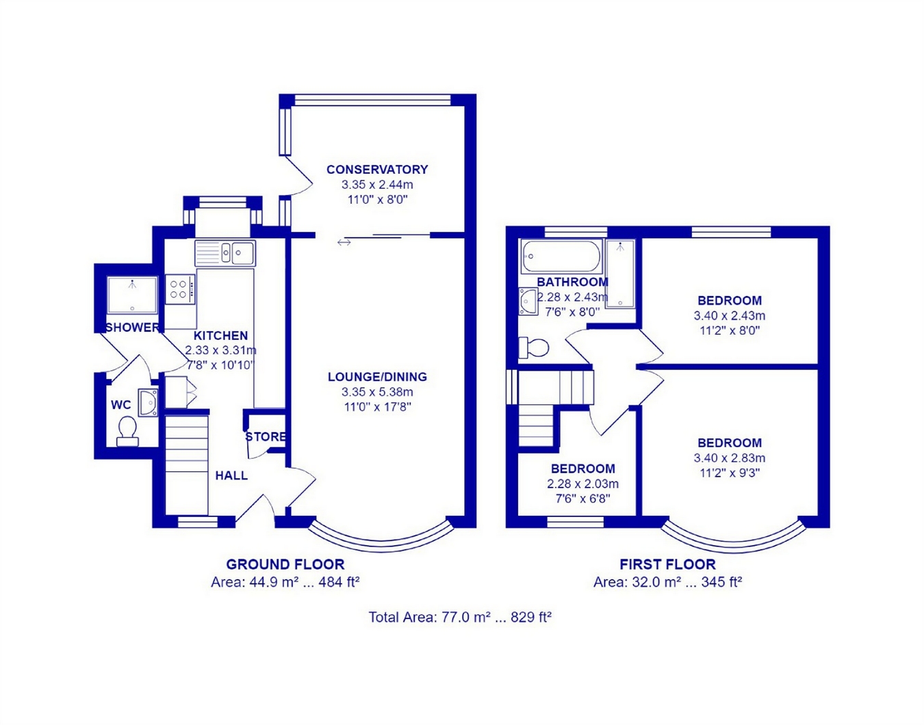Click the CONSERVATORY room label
(x=377, y=170)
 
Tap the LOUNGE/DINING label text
(x=377, y=377)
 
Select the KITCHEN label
(x=220, y=336)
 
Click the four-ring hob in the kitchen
(x=179, y=289)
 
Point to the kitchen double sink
(x=225, y=253)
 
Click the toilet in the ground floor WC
(x=127, y=431)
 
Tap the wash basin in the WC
(x=148, y=402)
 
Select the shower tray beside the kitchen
(x=132, y=295)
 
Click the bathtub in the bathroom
(x=561, y=257)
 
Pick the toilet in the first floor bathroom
(x=534, y=348)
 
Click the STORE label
(x=266, y=437)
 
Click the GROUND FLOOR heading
(x=285, y=565)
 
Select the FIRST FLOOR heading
(x=667, y=565)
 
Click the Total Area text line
(x=460, y=618)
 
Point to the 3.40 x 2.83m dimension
(x=730, y=458)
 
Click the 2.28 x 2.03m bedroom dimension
(x=582, y=484)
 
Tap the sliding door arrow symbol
(x=344, y=242)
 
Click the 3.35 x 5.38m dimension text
(x=377, y=393)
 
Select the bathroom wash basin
(x=528, y=301)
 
